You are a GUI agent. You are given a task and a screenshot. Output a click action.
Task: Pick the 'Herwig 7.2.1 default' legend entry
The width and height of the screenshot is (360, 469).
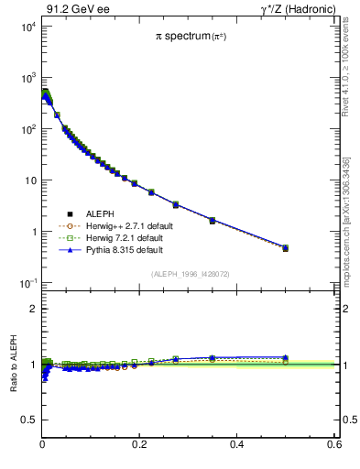click(120, 237)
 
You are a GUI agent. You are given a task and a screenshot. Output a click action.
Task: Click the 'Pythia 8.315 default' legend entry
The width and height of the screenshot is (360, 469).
click(120, 248)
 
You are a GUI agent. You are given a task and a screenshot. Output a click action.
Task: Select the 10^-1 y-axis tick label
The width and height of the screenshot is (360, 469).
click(26, 283)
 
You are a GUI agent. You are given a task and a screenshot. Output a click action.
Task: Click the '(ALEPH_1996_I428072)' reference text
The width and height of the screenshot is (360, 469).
click(189, 273)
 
